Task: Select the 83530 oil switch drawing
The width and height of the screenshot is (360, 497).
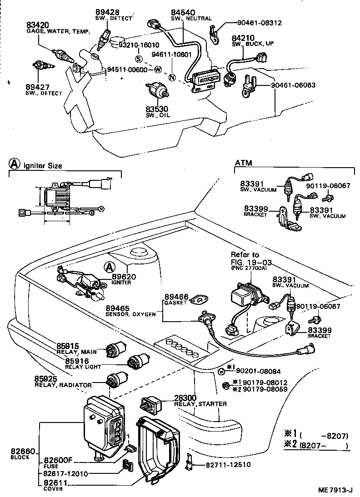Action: [158, 90]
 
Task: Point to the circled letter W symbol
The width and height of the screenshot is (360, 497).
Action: [158, 70]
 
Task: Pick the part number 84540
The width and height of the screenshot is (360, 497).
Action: [181, 12]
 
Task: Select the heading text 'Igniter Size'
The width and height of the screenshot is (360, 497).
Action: [43, 166]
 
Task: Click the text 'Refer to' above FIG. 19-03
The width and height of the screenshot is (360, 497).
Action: [245, 254]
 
